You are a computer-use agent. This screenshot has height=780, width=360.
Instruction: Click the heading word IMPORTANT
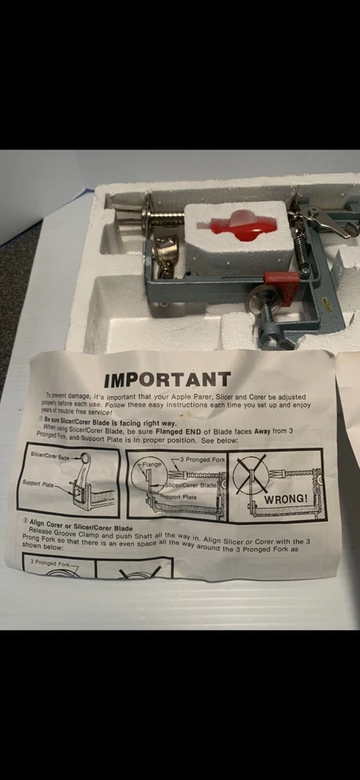[x=167, y=379]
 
